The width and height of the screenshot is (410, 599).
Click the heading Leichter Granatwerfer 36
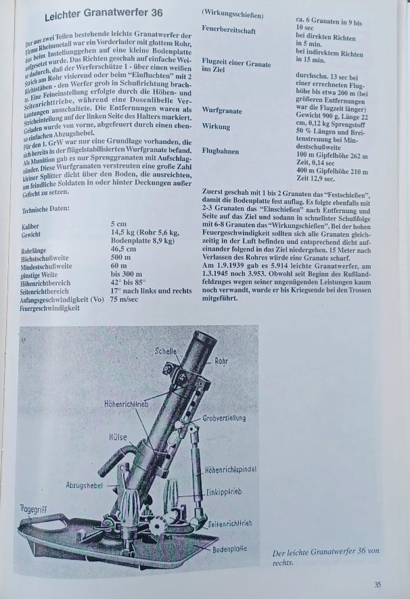104,15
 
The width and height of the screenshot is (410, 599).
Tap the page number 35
378,585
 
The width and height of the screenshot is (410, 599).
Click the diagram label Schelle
166,351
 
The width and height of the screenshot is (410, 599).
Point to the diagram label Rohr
221,360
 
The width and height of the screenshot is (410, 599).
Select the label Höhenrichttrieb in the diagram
127,403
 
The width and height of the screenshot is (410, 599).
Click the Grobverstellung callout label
224,418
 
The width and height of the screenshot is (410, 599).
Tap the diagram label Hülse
118,437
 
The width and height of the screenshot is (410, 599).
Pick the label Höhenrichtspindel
231,469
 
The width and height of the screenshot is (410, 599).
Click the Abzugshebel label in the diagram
85,485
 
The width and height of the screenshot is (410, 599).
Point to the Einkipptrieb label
224,492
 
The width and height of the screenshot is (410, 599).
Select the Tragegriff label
33,509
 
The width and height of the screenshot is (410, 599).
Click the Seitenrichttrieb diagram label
230,524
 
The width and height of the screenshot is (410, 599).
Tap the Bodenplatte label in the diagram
229,549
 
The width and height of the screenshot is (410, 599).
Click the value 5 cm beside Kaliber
118,224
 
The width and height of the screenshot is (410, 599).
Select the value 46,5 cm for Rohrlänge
123,249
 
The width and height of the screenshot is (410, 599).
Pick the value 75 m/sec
124,299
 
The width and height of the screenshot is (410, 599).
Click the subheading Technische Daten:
45,209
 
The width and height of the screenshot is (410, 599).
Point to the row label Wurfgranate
222,111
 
